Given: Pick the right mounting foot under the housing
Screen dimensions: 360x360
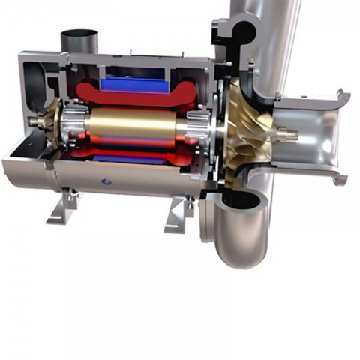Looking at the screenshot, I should (178, 214).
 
